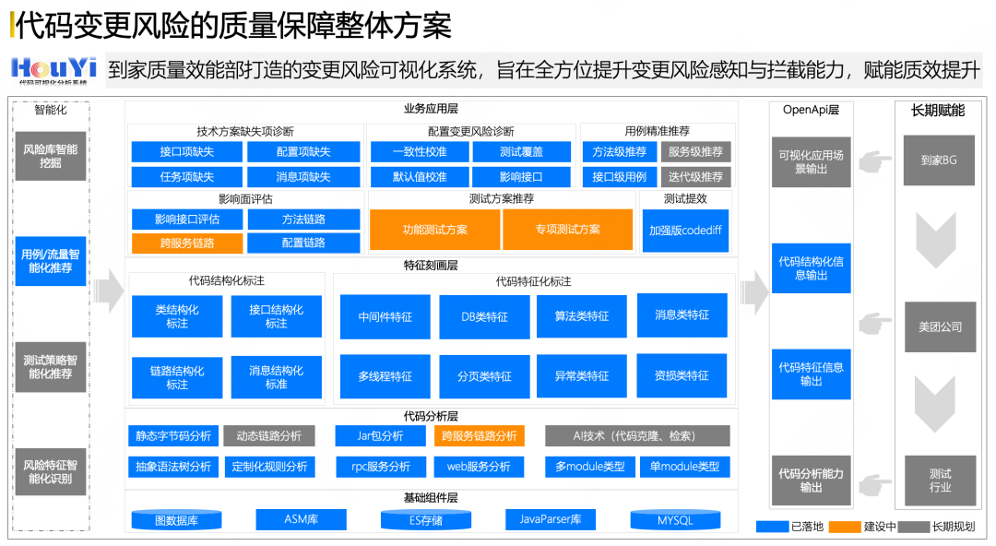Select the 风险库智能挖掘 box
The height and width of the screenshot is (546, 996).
(51, 156)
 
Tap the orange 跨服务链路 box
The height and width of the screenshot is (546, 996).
(186, 243)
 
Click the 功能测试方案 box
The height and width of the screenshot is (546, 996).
(434, 230)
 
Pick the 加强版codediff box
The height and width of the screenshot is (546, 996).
(685, 231)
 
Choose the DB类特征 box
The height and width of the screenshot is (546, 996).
(484, 316)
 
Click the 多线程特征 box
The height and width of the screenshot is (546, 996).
(385, 376)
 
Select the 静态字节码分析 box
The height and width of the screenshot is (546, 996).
(173, 435)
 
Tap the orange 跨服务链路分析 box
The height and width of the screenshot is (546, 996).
(479, 435)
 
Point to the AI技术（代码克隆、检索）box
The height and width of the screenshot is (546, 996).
(636, 435)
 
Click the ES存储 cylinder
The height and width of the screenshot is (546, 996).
(425, 520)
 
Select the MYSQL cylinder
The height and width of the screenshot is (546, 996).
(674, 520)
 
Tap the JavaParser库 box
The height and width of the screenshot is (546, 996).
(550, 519)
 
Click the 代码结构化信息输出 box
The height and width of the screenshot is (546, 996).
(811, 268)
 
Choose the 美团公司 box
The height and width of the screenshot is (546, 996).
(940, 326)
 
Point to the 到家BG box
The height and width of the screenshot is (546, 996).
(939, 160)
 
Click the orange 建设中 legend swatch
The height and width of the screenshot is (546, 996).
(844, 527)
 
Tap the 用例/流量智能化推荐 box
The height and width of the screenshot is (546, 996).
(51, 261)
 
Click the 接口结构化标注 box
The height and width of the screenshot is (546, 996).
(276, 316)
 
